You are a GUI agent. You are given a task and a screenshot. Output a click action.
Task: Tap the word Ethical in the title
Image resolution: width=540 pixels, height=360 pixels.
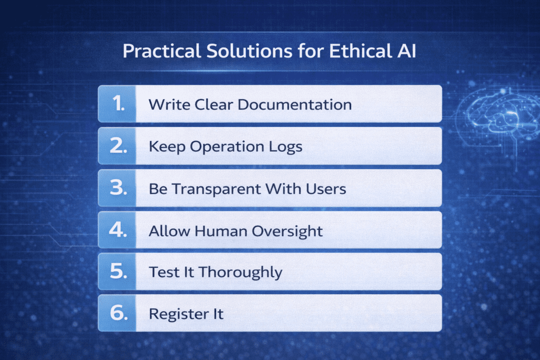coord(354,52)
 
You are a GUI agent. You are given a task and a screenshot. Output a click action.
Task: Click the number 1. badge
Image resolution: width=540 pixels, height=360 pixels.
coord(117,104)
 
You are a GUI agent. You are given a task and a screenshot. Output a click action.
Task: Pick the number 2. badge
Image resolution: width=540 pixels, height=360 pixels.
coord(117,146)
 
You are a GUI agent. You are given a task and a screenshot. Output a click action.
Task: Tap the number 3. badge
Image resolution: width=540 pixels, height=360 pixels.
coord(117,188)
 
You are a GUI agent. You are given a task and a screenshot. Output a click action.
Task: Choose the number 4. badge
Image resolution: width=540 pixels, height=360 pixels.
coord(117,230)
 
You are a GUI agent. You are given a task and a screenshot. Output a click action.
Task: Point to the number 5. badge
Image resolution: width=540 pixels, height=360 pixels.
coord(117,272)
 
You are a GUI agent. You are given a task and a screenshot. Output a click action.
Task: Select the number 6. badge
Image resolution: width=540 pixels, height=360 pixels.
coord(117,314)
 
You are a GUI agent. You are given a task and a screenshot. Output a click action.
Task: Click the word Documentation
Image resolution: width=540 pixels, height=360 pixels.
coord(294,104)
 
